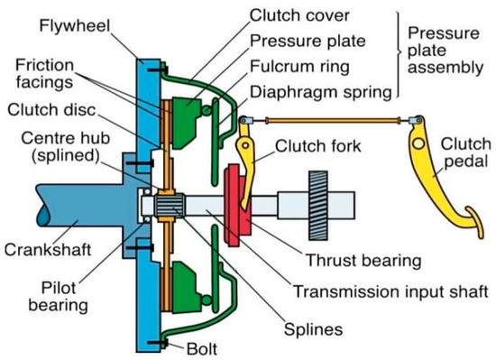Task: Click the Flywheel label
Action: [75, 26]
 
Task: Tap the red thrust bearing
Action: [236, 205]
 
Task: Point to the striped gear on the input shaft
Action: [318, 205]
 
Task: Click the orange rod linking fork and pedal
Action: [332, 120]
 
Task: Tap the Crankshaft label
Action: [48, 250]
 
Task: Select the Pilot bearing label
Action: [59, 297]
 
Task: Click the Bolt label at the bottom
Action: [202, 349]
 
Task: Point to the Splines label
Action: [313, 329]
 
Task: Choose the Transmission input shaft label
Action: [391, 291]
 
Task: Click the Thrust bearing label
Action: [363, 261]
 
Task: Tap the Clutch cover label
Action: [299, 15]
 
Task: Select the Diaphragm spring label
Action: [321, 92]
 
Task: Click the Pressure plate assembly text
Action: [445, 51]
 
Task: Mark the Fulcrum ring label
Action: [299, 67]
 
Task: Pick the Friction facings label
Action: [44, 74]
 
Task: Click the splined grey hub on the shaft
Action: [170, 205]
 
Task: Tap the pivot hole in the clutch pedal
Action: [419, 144]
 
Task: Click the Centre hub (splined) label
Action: [66, 147]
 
